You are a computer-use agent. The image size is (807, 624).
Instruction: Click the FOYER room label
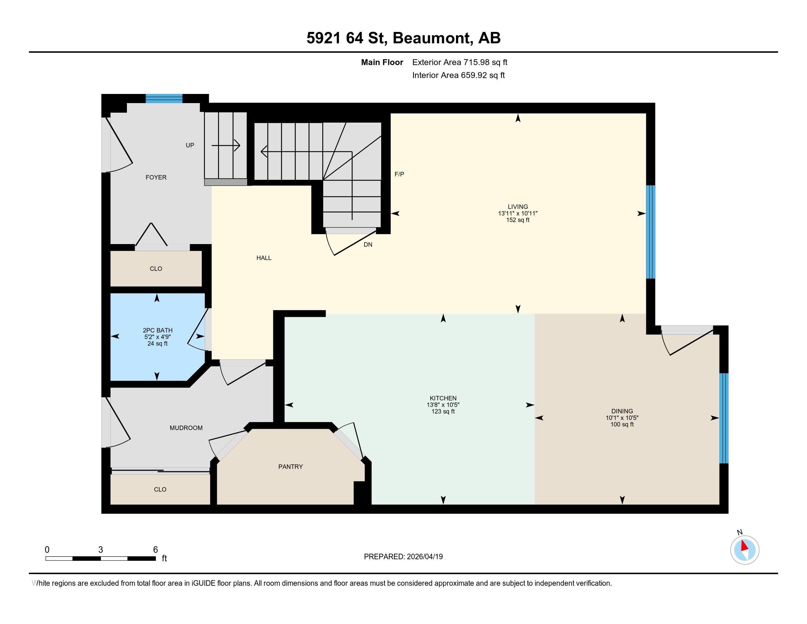coord(156,177)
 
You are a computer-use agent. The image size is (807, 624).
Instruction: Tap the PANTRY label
coord(291,467)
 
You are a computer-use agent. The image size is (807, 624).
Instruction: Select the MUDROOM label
coord(186,428)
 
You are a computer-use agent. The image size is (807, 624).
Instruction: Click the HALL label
coord(264,258)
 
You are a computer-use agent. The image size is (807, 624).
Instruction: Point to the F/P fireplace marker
coord(399,174)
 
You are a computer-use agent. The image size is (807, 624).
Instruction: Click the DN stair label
coord(368,245)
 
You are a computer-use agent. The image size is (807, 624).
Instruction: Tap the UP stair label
coord(190,145)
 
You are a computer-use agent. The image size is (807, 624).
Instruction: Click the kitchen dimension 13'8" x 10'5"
coord(443,405)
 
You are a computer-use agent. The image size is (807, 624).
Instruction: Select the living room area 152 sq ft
coord(518,220)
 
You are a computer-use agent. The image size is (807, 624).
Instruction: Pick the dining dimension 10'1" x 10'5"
coord(622,418)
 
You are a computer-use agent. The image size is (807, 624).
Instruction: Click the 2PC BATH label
coord(157,330)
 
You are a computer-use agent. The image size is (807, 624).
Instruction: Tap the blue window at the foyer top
coord(164,98)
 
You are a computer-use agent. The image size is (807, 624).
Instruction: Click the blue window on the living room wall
coord(650,232)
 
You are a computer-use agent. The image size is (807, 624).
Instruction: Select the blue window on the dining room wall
coord(724,418)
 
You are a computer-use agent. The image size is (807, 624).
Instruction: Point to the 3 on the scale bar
coord(101,550)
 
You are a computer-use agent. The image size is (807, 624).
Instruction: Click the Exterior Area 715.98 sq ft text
coord(460,62)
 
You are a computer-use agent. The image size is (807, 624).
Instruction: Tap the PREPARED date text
coord(403,557)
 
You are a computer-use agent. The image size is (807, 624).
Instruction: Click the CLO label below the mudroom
coord(160,489)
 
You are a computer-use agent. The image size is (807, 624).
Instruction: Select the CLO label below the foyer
coord(156,269)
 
